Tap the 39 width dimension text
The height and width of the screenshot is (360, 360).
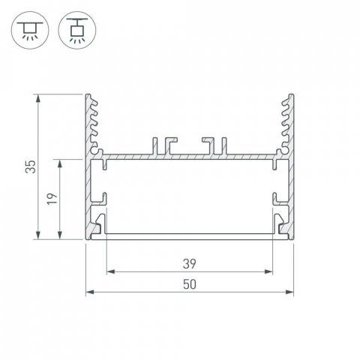[189, 263]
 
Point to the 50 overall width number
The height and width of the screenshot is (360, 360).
[189, 284]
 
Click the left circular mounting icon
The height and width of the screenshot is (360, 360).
[28, 28]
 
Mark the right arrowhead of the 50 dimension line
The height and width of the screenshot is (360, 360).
[289, 292]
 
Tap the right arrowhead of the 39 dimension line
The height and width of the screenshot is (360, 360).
[268, 271]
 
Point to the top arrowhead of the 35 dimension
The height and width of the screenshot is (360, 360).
[38, 97]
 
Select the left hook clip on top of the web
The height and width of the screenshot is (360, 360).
[163, 145]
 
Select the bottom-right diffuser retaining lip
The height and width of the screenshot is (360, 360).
[281, 225]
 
